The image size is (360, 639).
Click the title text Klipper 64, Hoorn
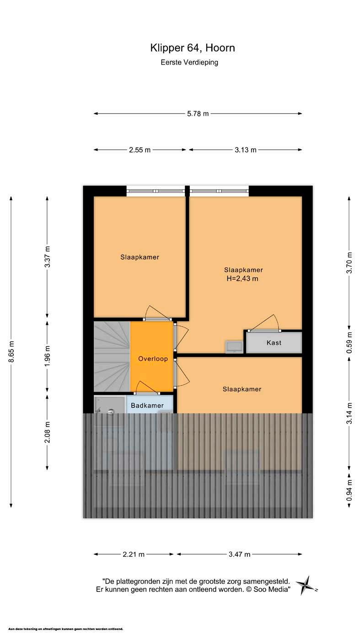click(x=193, y=48)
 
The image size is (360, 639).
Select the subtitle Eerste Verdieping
click(x=189, y=62)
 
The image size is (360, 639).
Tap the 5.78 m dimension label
click(x=198, y=113)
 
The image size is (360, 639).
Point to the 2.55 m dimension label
click(x=140, y=150)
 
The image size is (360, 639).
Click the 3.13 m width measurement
click(x=246, y=150)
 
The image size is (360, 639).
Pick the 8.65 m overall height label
click(x=11, y=351)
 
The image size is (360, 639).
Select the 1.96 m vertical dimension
click(x=48, y=356)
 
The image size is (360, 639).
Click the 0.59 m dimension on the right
click(x=349, y=343)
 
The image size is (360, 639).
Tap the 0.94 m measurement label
click(x=349, y=490)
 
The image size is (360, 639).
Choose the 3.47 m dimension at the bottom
click(x=239, y=554)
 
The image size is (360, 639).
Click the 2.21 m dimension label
click(x=134, y=554)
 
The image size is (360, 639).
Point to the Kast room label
click(x=274, y=343)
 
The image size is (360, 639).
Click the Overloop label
click(x=153, y=359)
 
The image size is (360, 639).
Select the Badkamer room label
click(x=147, y=405)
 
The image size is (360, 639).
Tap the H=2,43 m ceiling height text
click(x=242, y=279)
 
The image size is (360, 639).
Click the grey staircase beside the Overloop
click(x=112, y=357)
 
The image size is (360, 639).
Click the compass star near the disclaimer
click(x=306, y=586)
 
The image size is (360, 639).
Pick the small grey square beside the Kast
click(x=234, y=346)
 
